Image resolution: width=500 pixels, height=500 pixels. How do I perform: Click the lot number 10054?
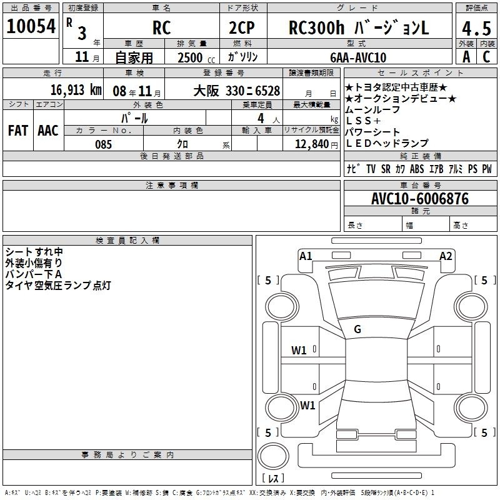point(31,26)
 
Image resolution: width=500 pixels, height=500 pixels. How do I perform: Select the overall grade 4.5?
point(476,29)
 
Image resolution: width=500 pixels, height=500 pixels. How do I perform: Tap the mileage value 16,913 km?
point(76,90)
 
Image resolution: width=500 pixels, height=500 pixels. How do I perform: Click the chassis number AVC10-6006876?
point(420,199)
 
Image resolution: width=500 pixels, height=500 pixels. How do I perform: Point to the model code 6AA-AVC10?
point(358,57)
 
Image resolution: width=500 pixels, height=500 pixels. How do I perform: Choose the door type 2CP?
point(242,27)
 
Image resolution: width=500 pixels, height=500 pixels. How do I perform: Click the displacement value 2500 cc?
point(196,57)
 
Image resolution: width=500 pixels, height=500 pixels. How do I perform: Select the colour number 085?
point(104,144)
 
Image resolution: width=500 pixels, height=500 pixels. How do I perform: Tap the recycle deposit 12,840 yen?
point(316,144)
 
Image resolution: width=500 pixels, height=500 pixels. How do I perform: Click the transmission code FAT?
point(18,131)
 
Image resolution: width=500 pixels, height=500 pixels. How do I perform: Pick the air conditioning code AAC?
point(48,131)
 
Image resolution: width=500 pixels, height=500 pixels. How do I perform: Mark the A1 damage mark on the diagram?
point(306,256)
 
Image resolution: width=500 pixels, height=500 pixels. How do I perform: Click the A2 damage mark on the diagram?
point(446,256)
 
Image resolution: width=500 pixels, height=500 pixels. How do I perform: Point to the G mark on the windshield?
point(357,329)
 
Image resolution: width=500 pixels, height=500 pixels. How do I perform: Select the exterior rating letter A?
point(466,57)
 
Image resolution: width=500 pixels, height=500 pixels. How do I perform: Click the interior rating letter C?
point(486,57)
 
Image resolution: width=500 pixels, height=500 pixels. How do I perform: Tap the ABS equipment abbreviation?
point(417,169)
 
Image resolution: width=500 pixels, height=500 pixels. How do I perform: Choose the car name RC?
point(161,27)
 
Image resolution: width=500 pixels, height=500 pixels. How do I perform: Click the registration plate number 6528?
point(267,91)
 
